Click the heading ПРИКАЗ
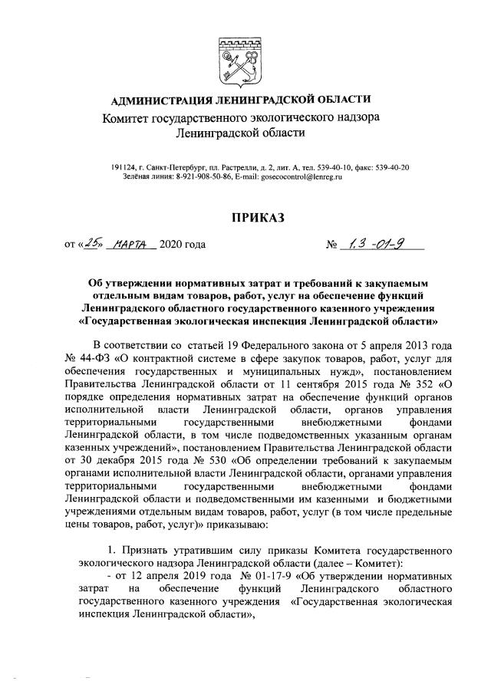click(245, 219)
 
